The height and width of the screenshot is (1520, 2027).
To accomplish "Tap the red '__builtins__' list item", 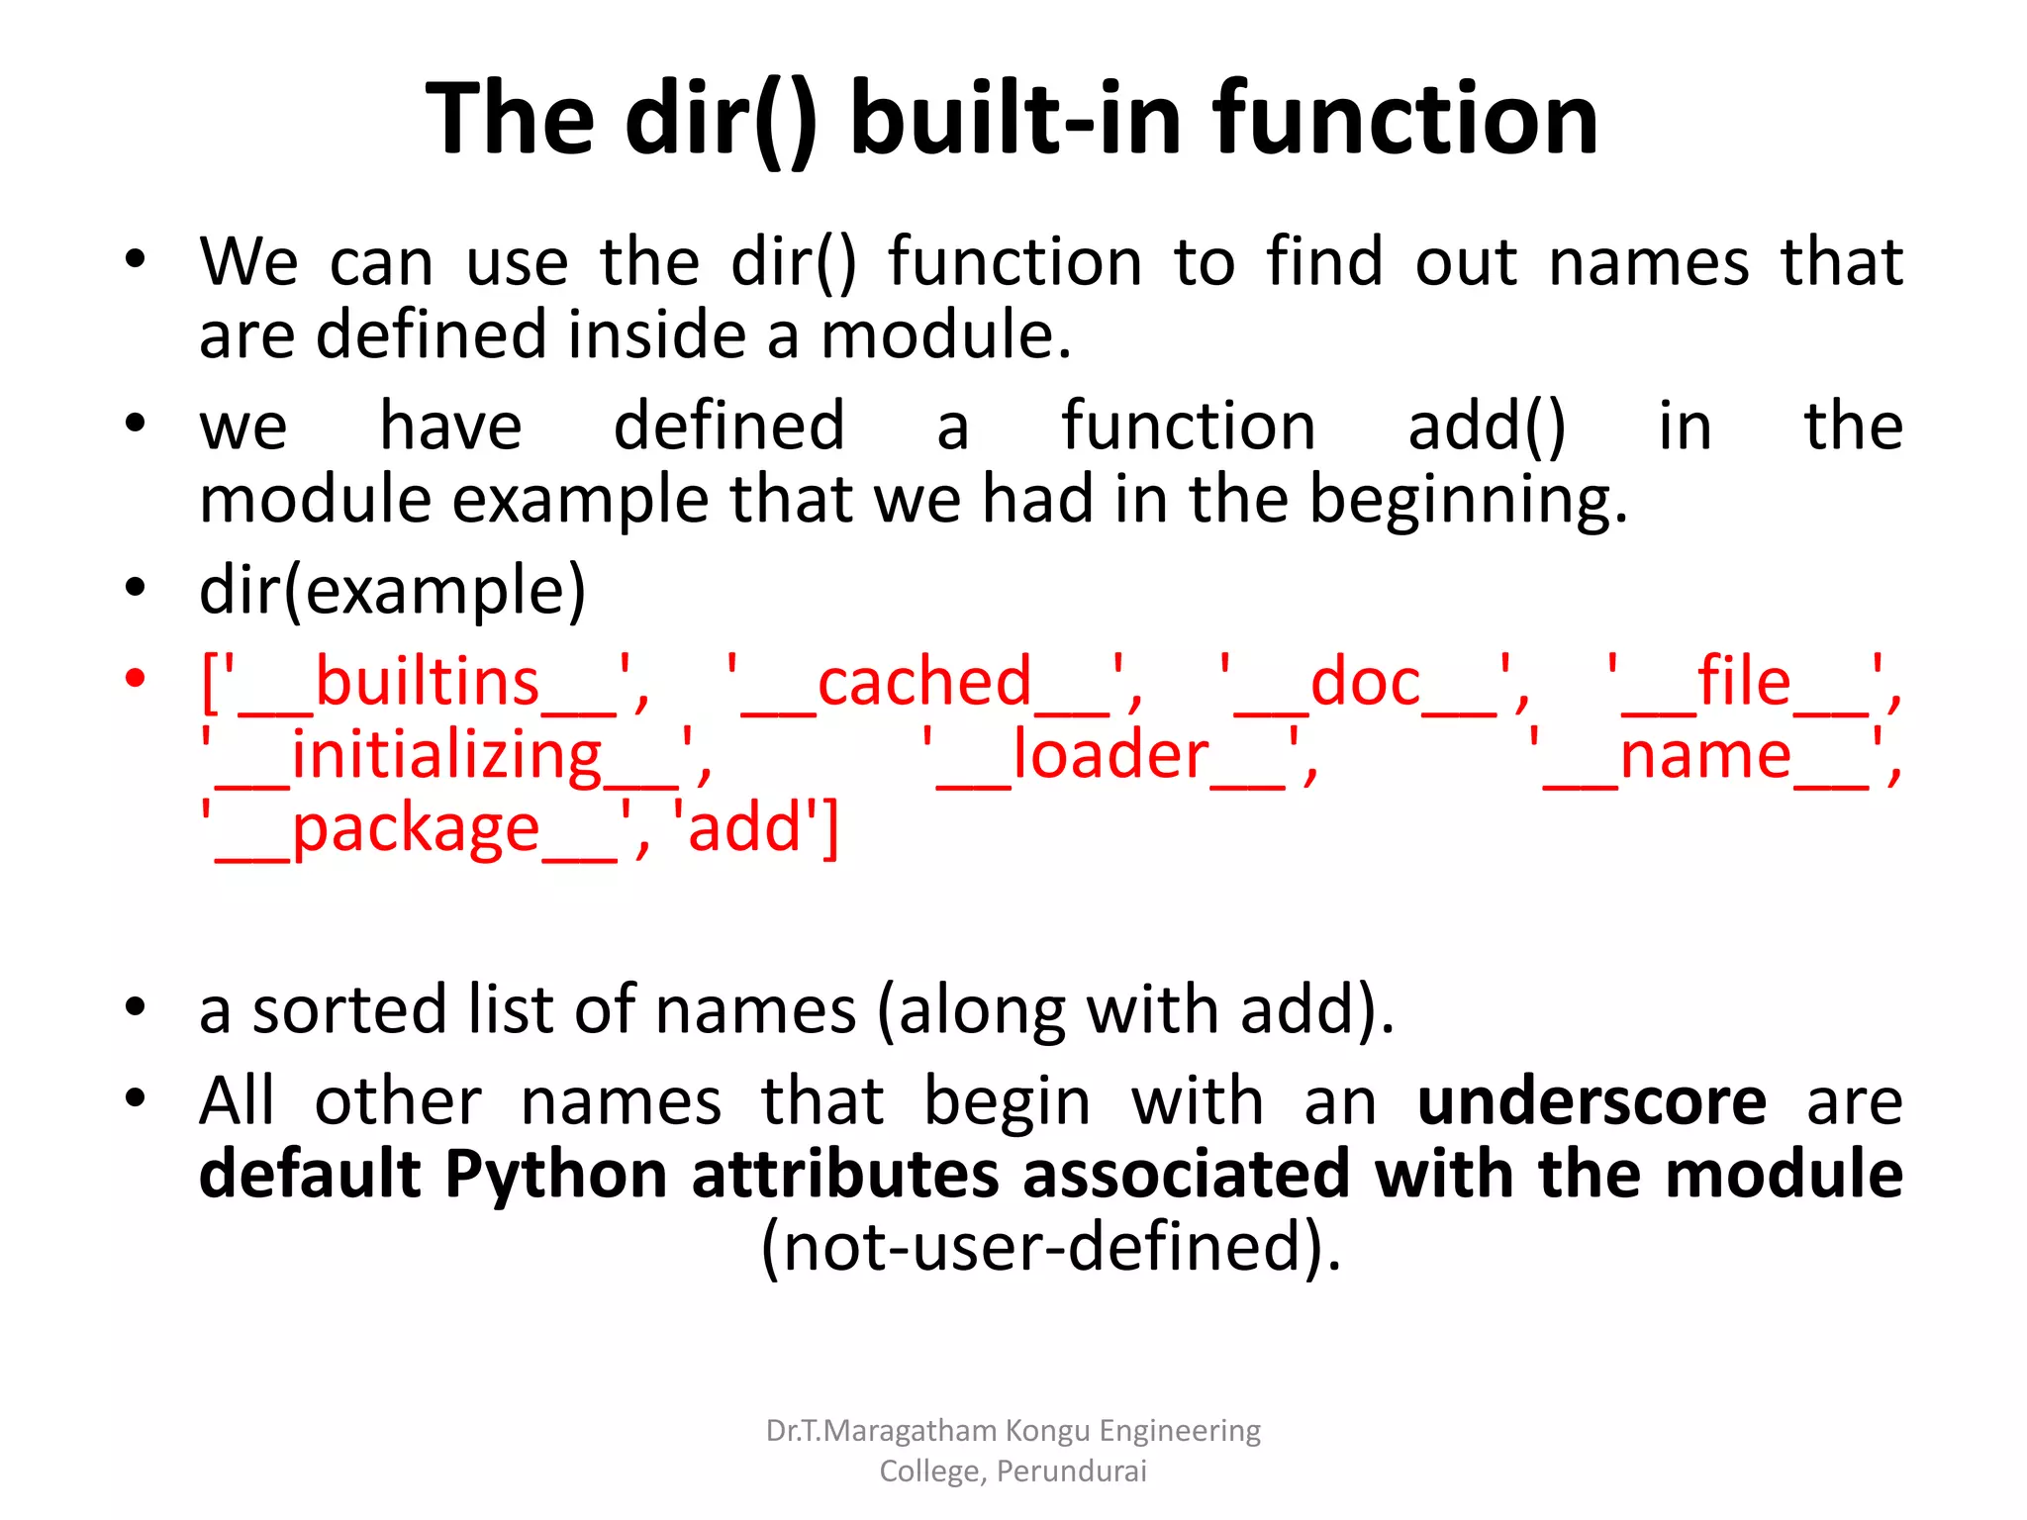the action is [x=426, y=683].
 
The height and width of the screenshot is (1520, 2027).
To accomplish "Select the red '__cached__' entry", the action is [x=934, y=683].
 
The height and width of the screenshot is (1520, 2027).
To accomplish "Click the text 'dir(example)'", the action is [x=393, y=591].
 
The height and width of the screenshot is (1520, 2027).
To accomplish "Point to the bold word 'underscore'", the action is [x=1592, y=1101].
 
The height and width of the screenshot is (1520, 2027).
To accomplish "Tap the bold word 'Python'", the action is [x=556, y=1175].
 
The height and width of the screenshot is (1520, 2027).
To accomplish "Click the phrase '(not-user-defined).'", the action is [x=1051, y=1247].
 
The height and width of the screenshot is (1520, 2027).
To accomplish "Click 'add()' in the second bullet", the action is [x=1487, y=427].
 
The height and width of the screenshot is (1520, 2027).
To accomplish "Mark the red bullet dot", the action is [x=136, y=680].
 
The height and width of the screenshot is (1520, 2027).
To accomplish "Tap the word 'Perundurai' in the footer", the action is [x=1072, y=1472].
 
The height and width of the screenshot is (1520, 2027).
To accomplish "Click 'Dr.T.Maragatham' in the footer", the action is [x=881, y=1431].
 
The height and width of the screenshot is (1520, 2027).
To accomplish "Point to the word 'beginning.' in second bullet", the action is [x=1469, y=501].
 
